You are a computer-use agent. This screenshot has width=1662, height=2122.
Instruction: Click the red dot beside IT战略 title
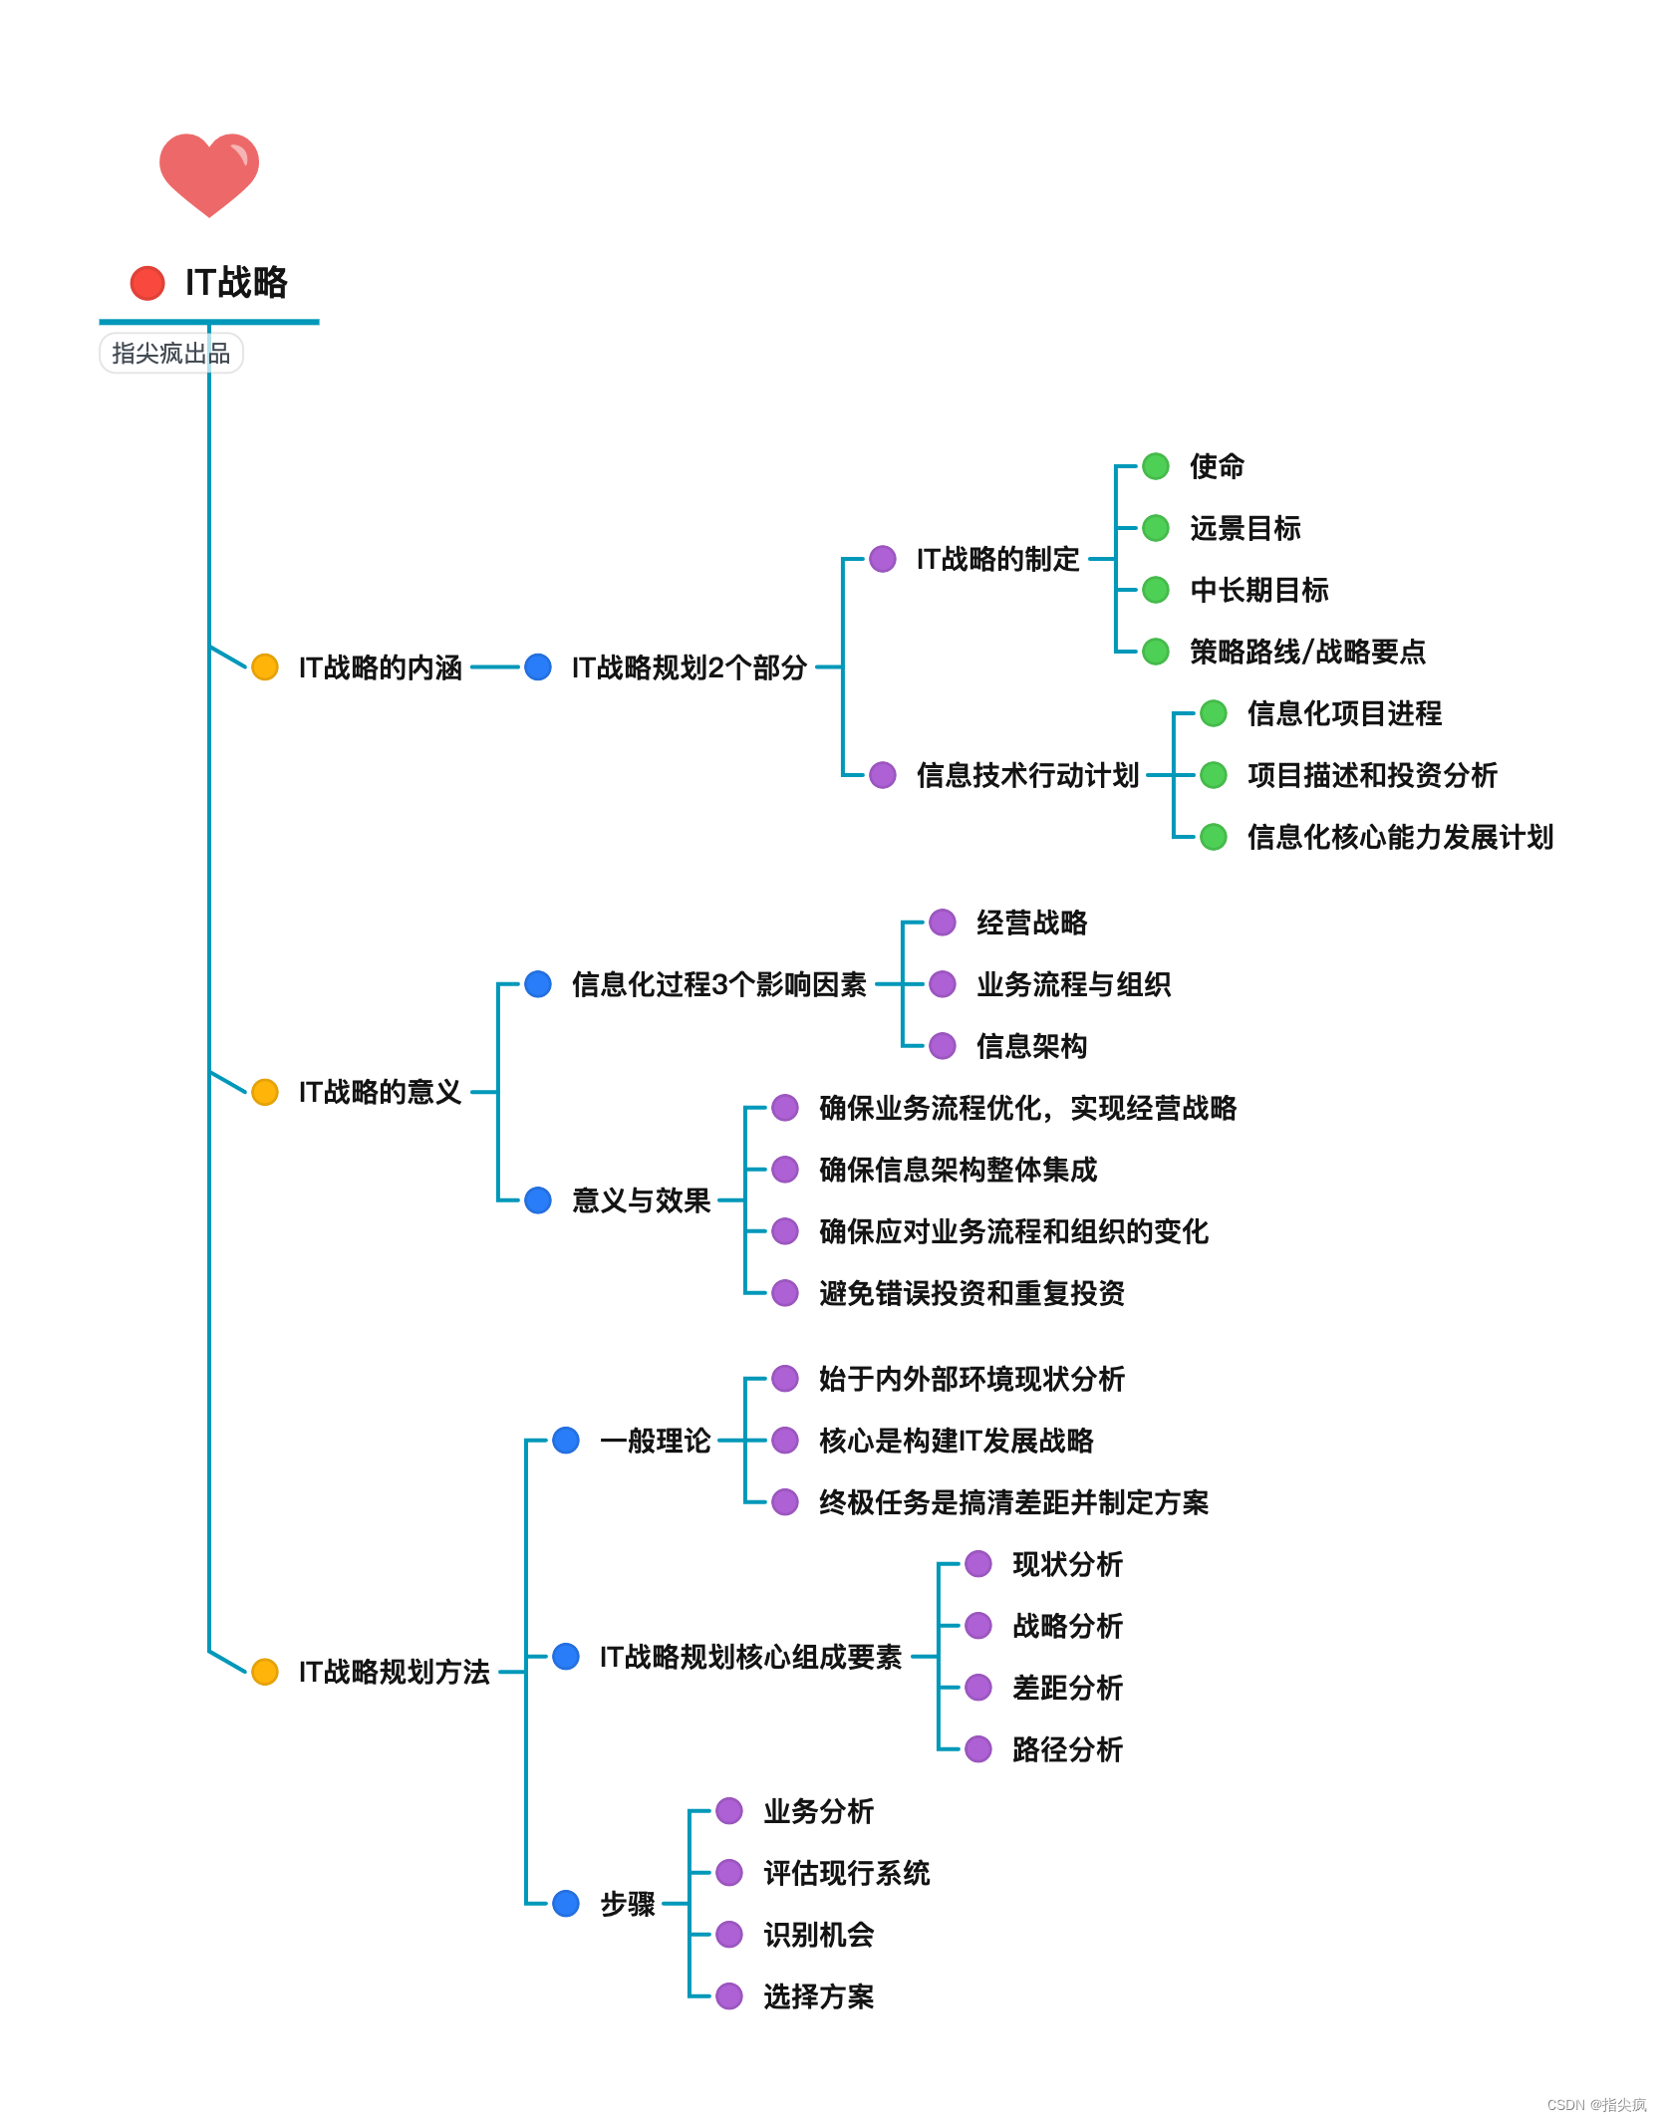click(147, 283)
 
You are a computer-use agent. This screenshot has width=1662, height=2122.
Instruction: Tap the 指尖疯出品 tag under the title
click(170, 354)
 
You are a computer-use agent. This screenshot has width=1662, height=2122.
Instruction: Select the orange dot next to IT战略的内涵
click(265, 667)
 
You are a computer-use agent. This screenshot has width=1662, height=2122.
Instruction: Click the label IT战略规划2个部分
click(689, 667)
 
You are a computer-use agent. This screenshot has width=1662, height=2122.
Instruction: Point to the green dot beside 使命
click(1156, 466)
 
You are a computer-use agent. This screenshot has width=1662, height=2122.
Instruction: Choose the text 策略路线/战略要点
click(1307, 652)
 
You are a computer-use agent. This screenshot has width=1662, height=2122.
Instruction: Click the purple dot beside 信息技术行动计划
click(883, 775)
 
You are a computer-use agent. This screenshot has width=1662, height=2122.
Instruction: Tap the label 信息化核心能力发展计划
click(1400, 837)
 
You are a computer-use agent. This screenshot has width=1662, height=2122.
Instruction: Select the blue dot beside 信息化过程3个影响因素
click(538, 984)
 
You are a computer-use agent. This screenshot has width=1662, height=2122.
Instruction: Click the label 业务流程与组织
click(1073, 984)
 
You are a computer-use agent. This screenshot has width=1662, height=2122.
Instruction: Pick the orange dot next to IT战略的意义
click(265, 1092)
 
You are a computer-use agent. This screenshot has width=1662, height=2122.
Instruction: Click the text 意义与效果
click(641, 1200)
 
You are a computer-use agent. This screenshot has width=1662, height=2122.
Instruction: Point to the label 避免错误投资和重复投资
click(971, 1293)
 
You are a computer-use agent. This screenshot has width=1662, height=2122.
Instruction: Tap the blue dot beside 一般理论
click(566, 1441)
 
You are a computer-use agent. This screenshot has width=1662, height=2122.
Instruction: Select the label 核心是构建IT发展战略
click(956, 1441)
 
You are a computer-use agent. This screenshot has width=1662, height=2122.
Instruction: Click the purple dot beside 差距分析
click(978, 1688)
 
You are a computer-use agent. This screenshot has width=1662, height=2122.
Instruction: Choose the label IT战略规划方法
click(394, 1672)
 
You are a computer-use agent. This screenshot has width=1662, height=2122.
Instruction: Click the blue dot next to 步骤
click(566, 1904)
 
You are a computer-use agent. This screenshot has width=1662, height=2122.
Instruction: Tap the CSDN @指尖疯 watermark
click(1596, 2105)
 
